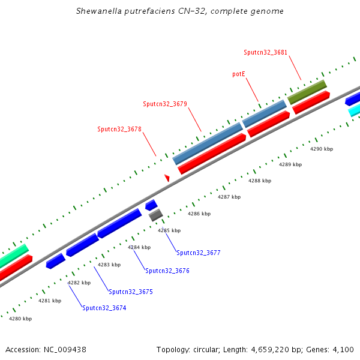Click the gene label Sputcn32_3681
[265, 52]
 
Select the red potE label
[239, 74]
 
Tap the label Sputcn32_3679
[165, 104]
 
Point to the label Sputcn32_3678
[119, 129]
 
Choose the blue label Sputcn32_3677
[199, 253]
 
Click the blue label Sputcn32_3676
[167, 271]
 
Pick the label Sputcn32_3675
[131, 292]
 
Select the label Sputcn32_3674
[104, 308]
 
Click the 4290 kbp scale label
[321, 149]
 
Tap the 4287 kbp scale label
[229, 197]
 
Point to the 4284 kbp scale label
[139, 247]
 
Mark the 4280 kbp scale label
[20, 319]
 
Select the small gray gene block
[156, 214]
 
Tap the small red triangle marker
[167, 178]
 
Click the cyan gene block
[354, 110]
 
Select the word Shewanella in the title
[98, 11]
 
